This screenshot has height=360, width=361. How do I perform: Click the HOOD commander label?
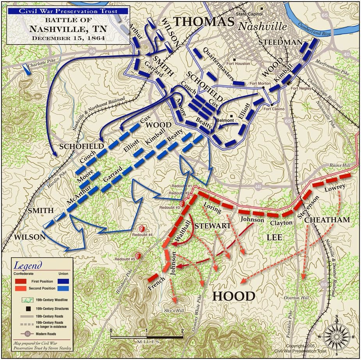233,296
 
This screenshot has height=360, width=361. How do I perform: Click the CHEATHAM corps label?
327,220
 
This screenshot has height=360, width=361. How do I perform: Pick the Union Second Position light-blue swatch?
61,288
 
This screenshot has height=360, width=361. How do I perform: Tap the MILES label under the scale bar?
147,342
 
